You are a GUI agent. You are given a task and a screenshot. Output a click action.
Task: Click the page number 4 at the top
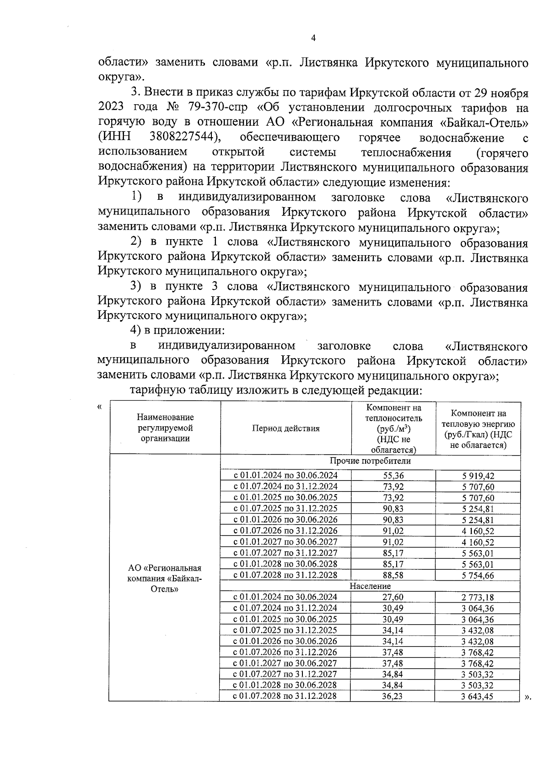(x=313, y=39)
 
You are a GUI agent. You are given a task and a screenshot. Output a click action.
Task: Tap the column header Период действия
(x=285, y=428)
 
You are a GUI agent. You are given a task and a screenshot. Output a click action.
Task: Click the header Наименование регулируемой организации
(x=165, y=428)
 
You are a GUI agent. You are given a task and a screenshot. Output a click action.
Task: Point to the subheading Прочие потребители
(x=370, y=461)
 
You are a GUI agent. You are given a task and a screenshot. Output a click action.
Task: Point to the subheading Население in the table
(x=370, y=586)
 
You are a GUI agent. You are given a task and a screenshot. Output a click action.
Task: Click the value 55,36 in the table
(x=393, y=476)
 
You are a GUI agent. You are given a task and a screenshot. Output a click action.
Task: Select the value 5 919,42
(x=478, y=476)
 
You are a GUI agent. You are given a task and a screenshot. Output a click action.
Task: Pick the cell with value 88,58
(x=393, y=575)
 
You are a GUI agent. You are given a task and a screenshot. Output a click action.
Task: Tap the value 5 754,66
(x=478, y=575)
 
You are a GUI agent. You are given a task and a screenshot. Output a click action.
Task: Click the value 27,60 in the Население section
(x=393, y=597)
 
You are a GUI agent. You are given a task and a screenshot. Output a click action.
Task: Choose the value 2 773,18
(x=478, y=597)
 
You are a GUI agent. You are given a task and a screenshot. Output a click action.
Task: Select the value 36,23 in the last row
(x=393, y=696)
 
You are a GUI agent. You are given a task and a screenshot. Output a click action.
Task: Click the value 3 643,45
(x=478, y=696)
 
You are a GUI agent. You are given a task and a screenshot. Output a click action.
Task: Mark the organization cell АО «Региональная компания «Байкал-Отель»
(x=165, y=578)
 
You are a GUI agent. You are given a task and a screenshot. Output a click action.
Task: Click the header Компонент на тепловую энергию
(x=478, y=428)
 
